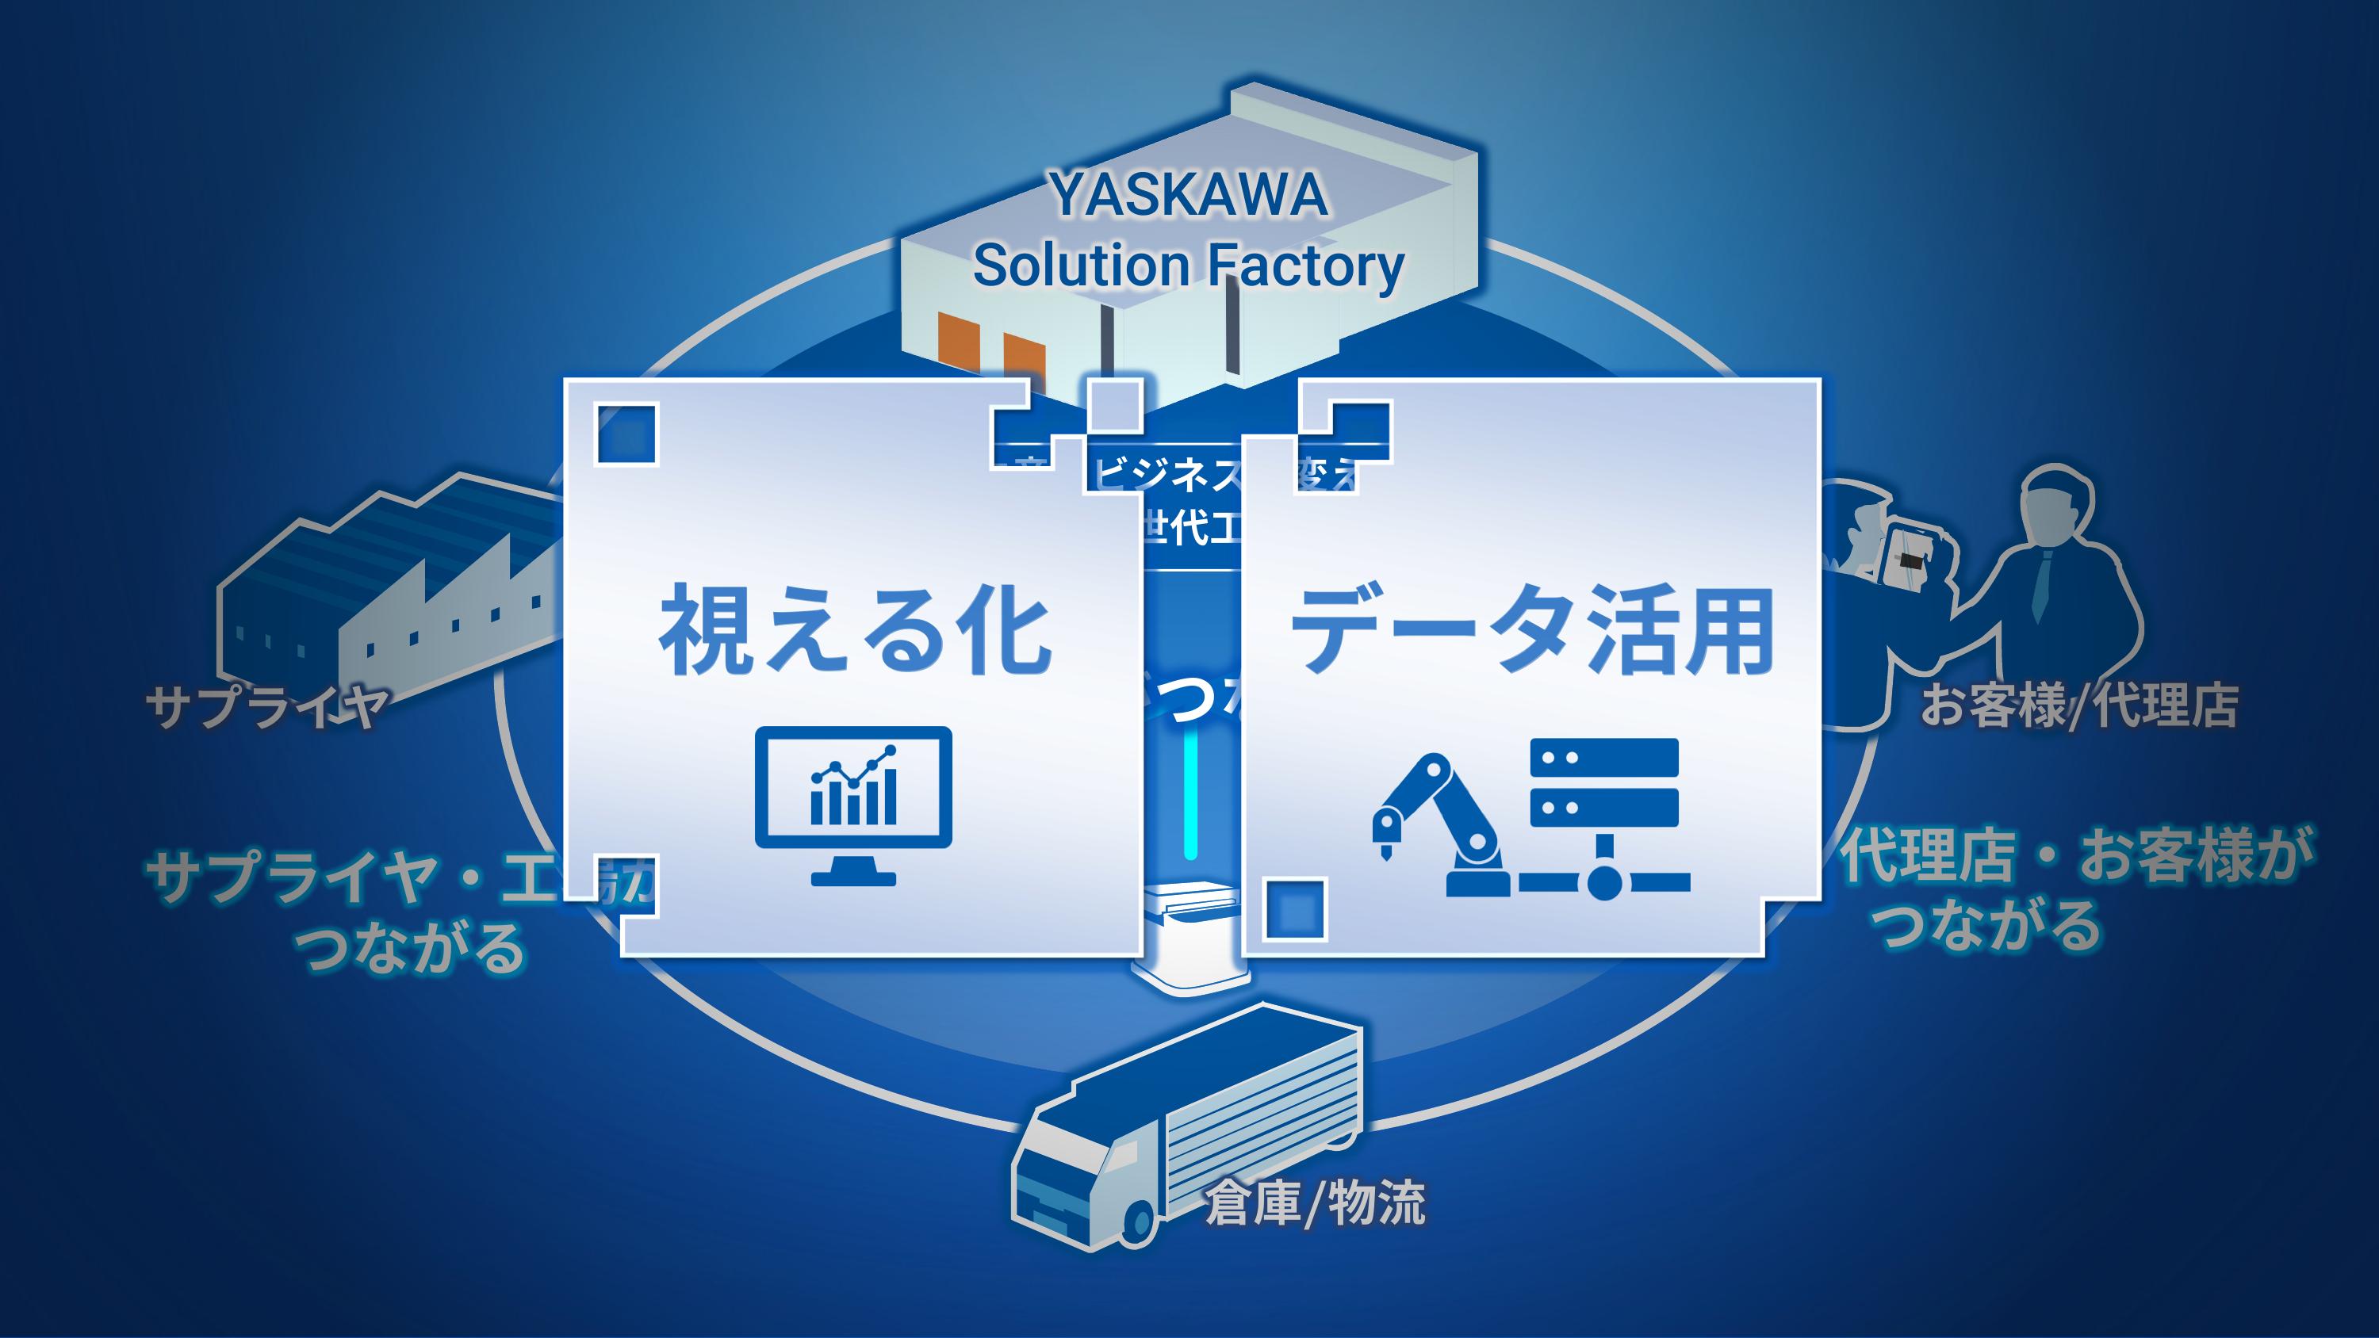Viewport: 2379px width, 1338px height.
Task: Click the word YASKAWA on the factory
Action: [x=1189, y=196]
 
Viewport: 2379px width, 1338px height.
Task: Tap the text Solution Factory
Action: [x=1189, y=266]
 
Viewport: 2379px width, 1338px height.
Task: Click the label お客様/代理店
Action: [x=2078, y=706]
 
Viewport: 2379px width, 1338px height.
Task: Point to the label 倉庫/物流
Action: [x=1315, y=1203]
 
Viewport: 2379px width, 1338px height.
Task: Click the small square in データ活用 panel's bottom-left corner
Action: [x=1294, y=909]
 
